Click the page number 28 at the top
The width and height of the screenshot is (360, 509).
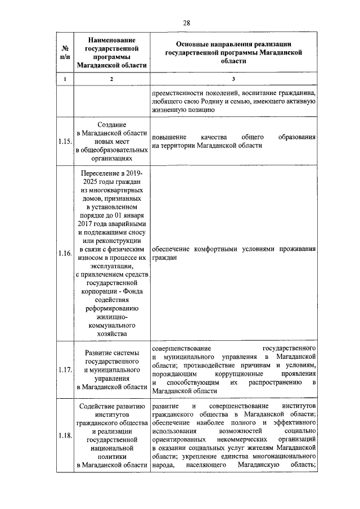(187, 22)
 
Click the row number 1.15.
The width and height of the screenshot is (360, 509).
(65, 142)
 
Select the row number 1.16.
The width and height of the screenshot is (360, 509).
(65, 253)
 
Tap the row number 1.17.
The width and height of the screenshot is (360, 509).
(65, 370)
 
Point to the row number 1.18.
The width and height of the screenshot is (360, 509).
(65, 437)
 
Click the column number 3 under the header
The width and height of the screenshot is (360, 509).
(234, 79)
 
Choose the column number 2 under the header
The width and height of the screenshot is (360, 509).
(111, 79)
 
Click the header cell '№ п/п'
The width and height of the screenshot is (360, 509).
(65, 52)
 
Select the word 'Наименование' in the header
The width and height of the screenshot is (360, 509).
(112, 39)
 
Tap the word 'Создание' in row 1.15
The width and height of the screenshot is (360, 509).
(111, 125)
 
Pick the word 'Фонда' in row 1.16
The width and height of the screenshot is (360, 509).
(132, 291)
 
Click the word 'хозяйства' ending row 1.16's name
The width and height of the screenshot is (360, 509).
(111, 334)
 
